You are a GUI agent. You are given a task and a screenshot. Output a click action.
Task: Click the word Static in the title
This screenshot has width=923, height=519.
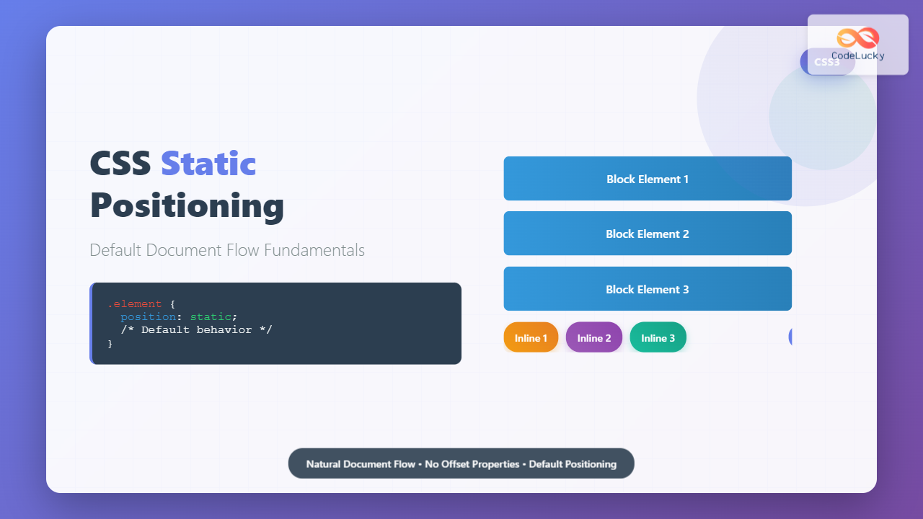tap(208, 164)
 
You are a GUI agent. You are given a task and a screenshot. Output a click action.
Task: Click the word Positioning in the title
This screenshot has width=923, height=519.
tap(187, 205)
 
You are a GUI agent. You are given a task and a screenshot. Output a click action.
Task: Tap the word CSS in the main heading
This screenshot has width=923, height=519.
tap(120, 164)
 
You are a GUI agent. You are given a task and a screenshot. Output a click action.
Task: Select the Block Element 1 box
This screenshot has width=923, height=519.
tap(648, 179)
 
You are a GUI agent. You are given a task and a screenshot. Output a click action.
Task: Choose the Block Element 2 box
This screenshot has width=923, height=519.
tap(648, 234)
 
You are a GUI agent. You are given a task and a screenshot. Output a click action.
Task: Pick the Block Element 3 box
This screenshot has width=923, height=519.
tap(648, 289)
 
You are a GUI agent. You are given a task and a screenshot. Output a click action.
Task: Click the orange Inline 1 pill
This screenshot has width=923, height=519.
tap(531, 337)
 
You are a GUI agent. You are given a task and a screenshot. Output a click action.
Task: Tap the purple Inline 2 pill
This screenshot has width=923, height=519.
tap(594, 337)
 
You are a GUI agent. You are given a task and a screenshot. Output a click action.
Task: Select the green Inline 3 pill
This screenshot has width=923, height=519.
tap(658, 337)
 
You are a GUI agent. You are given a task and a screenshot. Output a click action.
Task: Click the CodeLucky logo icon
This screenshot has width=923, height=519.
tap(858, 38)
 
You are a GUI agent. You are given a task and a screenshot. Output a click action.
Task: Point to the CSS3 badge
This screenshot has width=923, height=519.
tap(827, 62)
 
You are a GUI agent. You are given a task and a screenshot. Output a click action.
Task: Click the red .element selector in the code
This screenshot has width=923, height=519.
tap(134, 304)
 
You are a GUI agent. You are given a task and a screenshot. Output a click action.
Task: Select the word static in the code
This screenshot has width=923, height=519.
tap(211, 317)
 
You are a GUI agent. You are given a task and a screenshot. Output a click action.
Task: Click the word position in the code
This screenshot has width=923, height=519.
tap(148, 317)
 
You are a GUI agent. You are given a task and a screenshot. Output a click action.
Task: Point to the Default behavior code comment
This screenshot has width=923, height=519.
tap(196, 330)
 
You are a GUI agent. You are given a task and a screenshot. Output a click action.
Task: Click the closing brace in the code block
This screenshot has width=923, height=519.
tap(110, 343)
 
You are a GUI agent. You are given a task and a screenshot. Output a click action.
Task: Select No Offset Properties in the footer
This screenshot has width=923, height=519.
tap(472, 464)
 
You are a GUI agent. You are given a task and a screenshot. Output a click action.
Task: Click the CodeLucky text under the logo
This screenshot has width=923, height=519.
tap(858, 56)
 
